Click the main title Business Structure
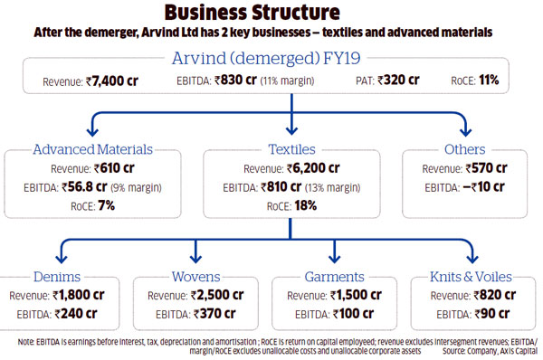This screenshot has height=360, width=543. [x=271, y=13]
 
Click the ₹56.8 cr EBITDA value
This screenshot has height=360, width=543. [x=92, y=186]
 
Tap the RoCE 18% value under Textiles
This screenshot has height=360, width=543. [x=304, y=205]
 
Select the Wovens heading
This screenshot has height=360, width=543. [x=197, y=276]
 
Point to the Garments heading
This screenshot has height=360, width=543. [x=335, y=276]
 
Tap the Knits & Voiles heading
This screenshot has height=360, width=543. [x=471, y=276]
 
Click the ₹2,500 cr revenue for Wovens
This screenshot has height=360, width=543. [x=217, y=295]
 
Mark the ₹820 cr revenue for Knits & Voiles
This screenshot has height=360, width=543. [x=489, y=295]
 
